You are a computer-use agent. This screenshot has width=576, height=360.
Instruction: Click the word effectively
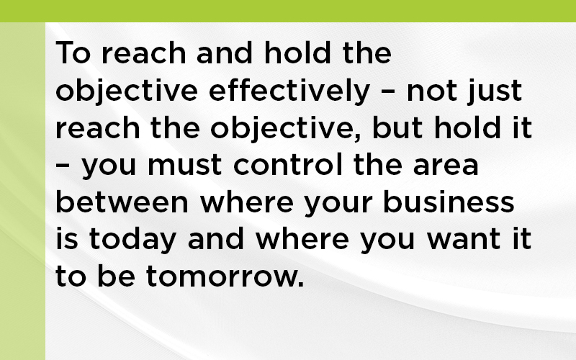289,91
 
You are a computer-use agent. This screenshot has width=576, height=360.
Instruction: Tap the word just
495,91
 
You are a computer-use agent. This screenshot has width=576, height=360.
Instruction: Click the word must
184,165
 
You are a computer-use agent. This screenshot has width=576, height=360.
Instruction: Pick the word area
446,166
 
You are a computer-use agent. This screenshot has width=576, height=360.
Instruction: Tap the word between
122,202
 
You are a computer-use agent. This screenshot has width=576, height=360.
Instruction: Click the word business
449,202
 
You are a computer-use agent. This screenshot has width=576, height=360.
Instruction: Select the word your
338,204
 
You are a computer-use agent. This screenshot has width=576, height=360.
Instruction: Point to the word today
132,240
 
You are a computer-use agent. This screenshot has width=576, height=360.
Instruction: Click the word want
463,240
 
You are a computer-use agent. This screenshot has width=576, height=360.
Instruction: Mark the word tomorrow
223,277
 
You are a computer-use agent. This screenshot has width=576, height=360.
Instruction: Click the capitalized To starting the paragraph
73,53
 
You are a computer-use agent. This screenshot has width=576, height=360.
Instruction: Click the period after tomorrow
302,284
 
